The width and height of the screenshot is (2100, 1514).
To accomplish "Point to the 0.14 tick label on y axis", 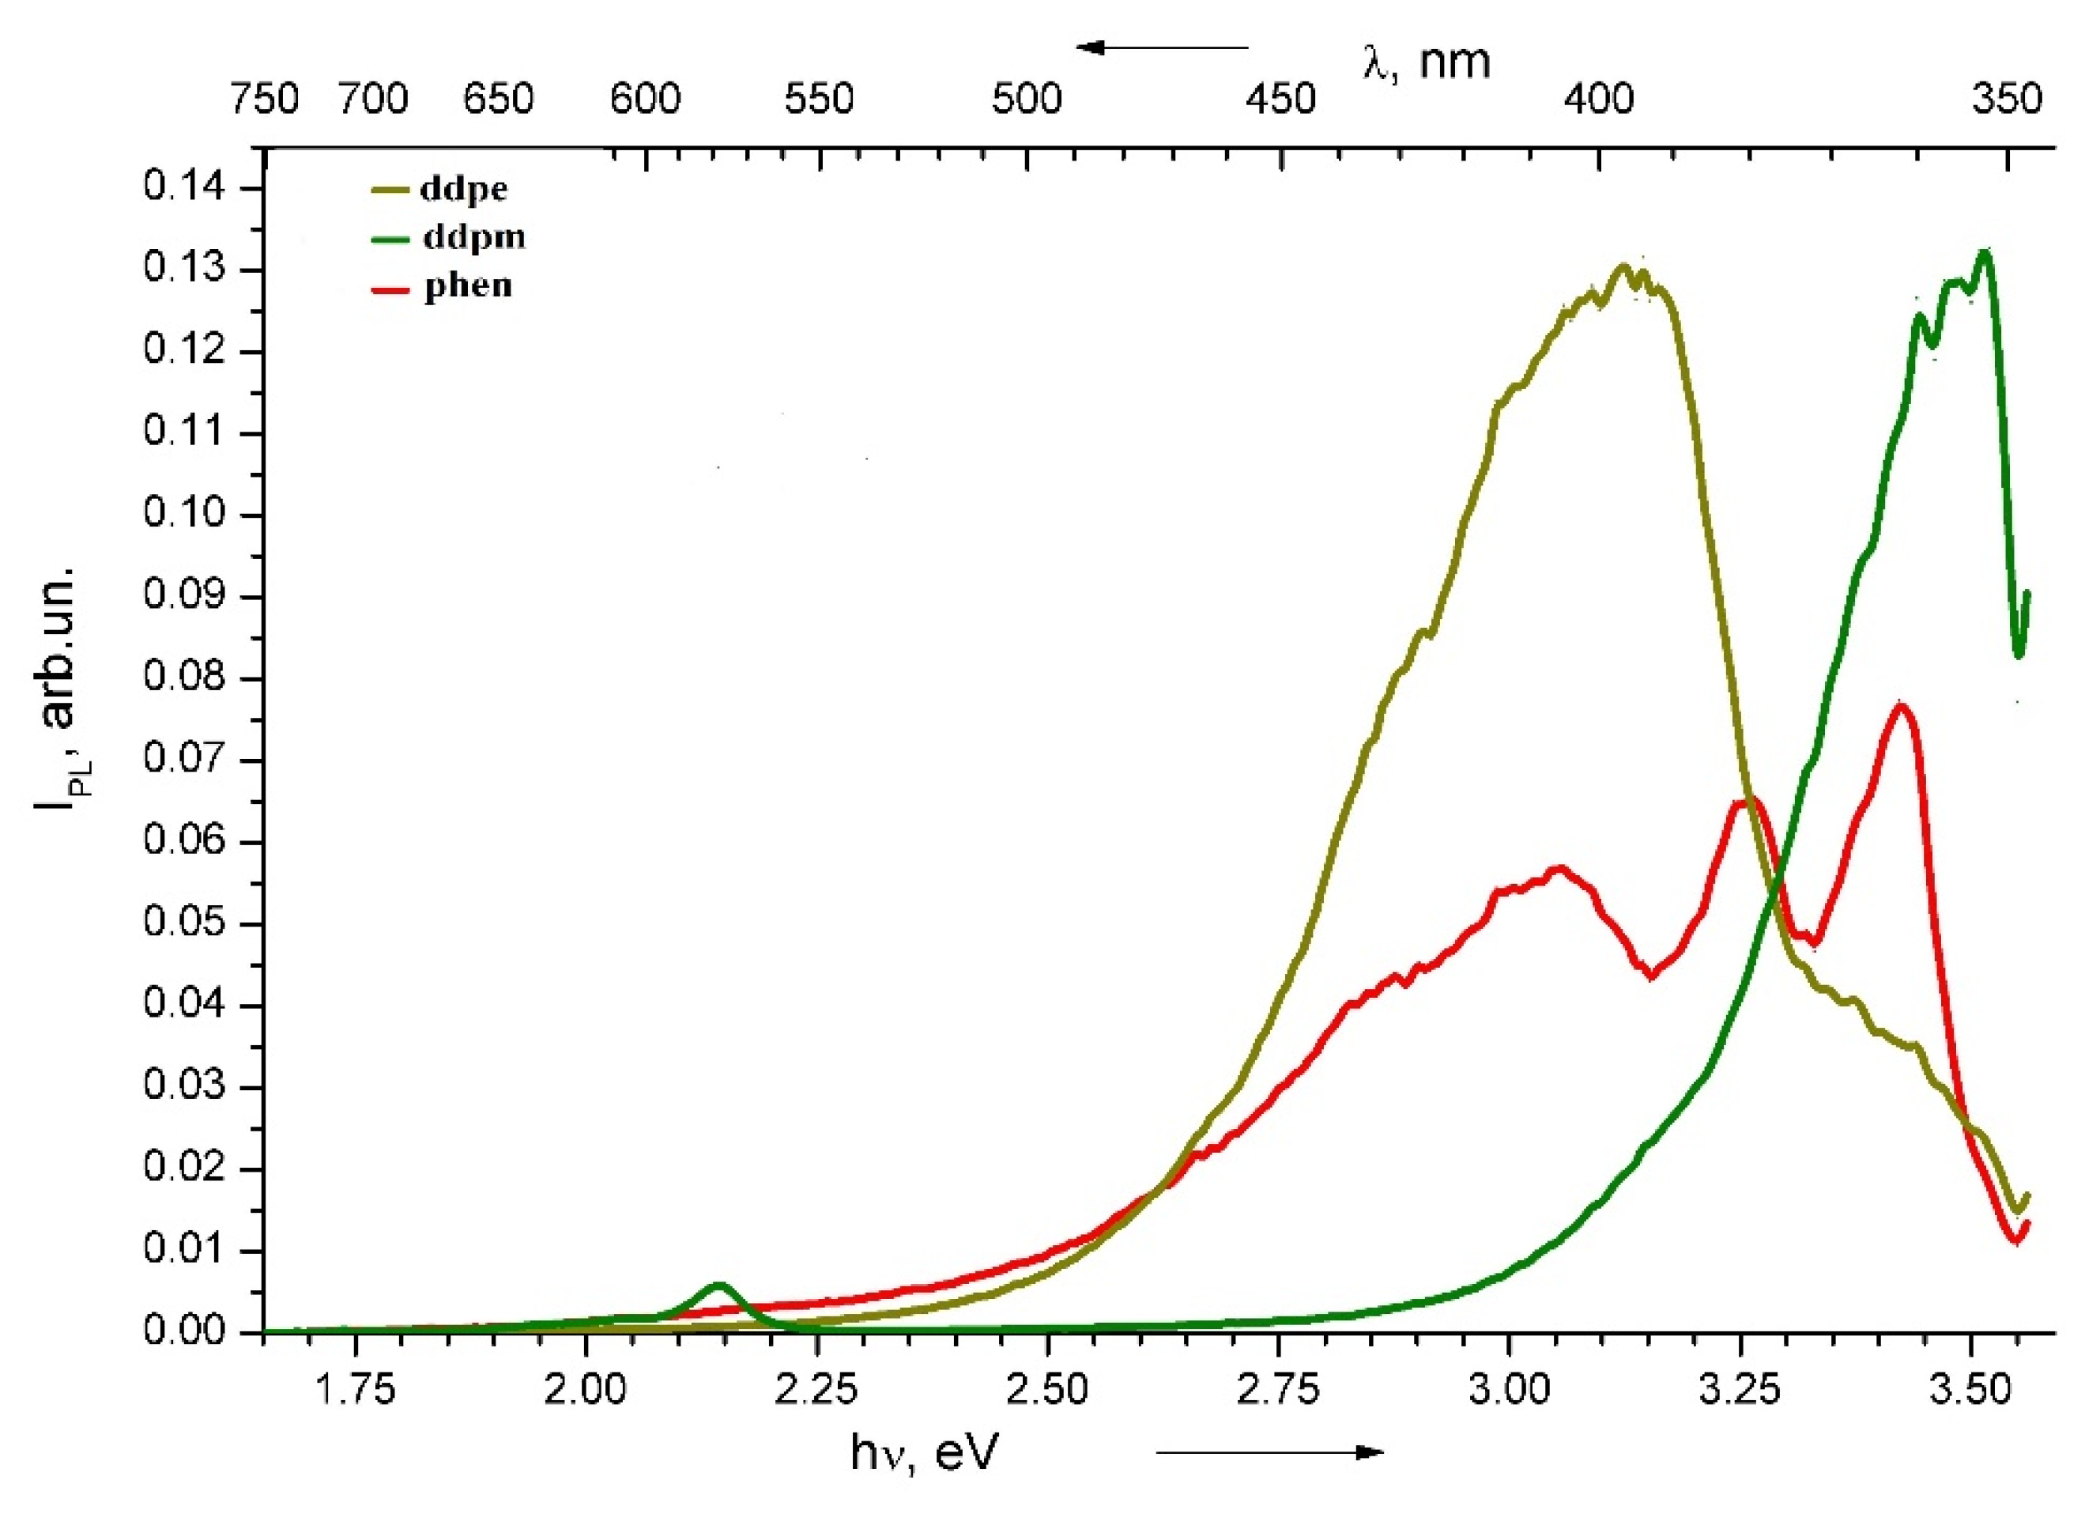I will tap(183, 188).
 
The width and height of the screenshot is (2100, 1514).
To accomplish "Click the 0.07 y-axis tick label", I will tap(183, 761).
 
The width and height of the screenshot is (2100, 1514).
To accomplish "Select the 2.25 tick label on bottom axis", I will tap(815, 1390).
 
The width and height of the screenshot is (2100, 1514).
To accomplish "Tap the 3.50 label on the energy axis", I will tap(1970, 1390).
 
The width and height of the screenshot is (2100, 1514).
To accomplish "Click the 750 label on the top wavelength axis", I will tap(265, 99).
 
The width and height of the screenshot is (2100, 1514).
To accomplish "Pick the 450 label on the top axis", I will tap(1280, 99).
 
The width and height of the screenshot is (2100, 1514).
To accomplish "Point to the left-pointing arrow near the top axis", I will tap(1162, 47).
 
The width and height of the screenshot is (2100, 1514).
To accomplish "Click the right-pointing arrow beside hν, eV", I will tap(1269, 1452).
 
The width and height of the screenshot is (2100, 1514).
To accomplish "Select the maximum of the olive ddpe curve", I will tap(1622, 266).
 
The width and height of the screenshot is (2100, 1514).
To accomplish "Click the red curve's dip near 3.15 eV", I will tap(1651, 975).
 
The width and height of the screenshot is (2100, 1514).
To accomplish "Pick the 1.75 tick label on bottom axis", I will tap(353, 1390).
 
